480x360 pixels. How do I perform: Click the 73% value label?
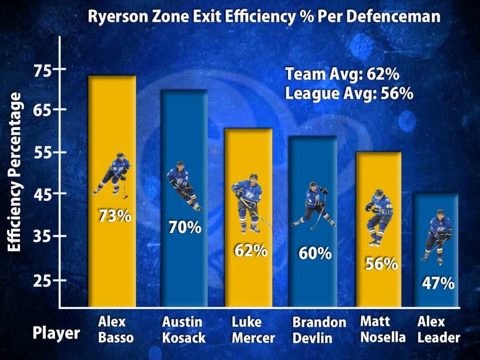(x=115, y=216)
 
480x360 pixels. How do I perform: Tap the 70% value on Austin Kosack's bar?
(x=185, y=227)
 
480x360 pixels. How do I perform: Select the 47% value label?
(x=438, y=284)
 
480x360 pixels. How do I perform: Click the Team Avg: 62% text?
(x=342, y=74)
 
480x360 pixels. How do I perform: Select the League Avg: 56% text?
(x=349, y=93)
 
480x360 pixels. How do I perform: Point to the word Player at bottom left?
(x=56, y=334)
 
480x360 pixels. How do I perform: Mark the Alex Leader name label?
(x=438, y=330)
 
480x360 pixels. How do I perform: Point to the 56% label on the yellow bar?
(x=382, y=263)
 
